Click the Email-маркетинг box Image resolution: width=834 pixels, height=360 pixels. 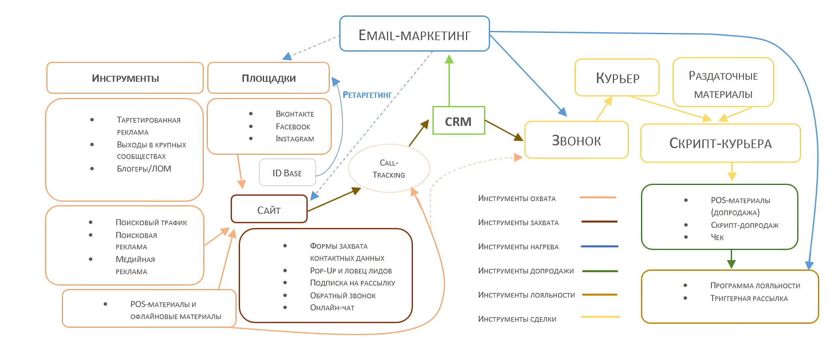point(414,34)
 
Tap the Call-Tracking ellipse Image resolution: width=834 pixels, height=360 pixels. point(389,168)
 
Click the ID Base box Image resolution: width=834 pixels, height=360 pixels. point(287,173)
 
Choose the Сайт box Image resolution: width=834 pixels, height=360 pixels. point(269,209)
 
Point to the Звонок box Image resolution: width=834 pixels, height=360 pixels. point(576,140)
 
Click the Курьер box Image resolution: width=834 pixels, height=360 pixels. point(617,78)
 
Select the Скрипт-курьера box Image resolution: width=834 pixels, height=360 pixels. point(720,143)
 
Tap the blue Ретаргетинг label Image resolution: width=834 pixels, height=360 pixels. point(367,95)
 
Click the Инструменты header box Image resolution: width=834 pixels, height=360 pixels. point(125,78)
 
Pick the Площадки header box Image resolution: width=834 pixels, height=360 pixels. point(269,78)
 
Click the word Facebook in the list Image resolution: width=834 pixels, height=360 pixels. point(293,126)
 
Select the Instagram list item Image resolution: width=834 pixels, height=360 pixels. point(295,139)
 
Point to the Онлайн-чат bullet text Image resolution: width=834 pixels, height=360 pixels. point(332,307)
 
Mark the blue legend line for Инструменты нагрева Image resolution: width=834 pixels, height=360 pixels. point(599,246)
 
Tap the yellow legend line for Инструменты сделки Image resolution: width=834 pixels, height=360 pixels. point(600,316)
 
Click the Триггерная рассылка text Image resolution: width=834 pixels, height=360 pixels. point(749,298)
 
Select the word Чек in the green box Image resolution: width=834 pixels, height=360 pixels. point(717,237)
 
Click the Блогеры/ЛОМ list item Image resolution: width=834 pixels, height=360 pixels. point(144,169)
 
